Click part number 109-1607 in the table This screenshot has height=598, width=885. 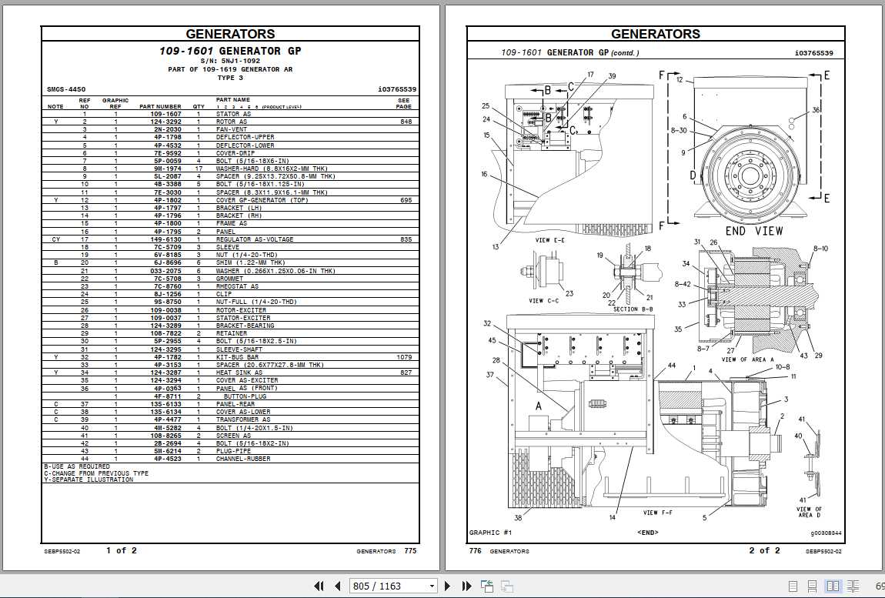tap(165, 114)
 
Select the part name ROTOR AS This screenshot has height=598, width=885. tap(232, 122)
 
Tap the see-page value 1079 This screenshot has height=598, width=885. tap(404, 357)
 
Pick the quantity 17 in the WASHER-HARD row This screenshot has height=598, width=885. tap(199, 169)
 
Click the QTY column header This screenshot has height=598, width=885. tap(199, 106)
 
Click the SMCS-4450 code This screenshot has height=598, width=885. tap(66, 89)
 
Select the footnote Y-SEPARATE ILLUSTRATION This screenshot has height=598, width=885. tap(88, 479)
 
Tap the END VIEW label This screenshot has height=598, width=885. tap(753, 231)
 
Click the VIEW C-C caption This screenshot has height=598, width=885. tap(546, 301)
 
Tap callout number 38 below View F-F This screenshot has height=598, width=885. tap(517, 517)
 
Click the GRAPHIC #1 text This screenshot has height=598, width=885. tap(490, 532)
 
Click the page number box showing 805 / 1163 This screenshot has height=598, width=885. tap(393, 586)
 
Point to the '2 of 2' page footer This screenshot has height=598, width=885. tap(764, 550)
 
